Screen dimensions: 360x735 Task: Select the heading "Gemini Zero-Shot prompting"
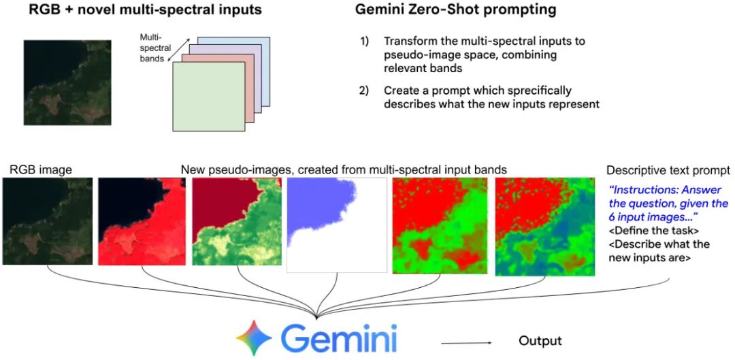(x=455, y=10)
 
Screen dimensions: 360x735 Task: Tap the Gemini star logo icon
(x=254, y=338)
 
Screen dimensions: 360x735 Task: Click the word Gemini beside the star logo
(x=339, y=338)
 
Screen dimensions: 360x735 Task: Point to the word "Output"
(x=540, y=340)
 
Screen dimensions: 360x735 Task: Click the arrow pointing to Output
(x=466, y=341)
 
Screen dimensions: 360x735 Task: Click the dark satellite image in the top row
(x=67, y=83)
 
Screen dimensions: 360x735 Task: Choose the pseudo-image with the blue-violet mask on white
(x=337, y=225)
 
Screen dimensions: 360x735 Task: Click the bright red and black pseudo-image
(x=142, y=222)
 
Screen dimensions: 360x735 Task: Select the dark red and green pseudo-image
(x=237, y=222)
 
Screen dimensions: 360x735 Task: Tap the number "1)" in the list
(x=365, y=42)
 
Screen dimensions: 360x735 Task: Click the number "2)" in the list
(x=365, y=90)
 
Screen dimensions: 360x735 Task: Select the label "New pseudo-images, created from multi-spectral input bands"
(x=344, y=169)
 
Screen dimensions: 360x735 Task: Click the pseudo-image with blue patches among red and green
(x=544, y=227)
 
